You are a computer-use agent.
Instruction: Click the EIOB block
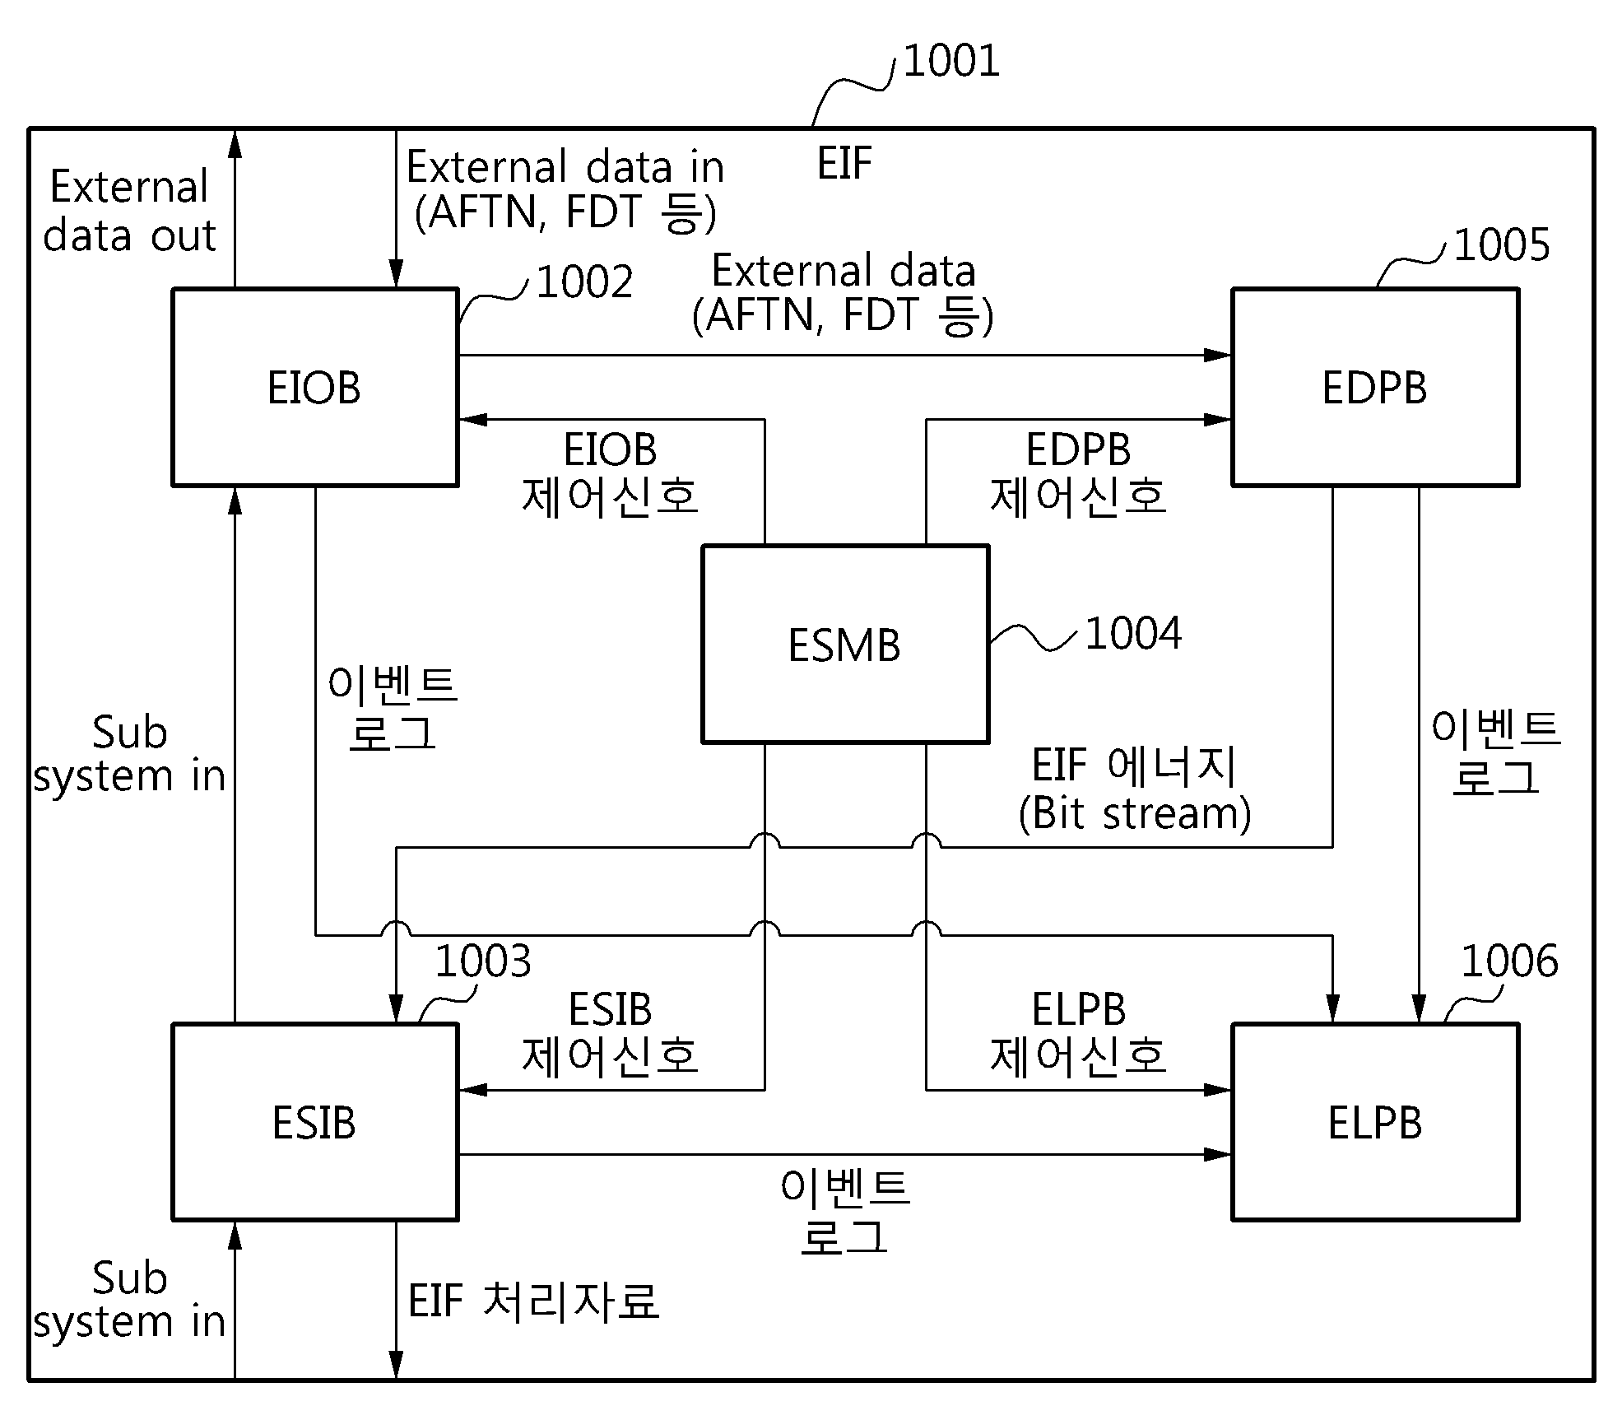(x=314, y=387)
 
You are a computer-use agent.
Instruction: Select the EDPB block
(x=1374, y=387)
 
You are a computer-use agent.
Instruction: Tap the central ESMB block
(x=845, y=644)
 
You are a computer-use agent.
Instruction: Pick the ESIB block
(x=314, y=1121)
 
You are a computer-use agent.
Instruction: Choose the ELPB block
(x=1374, y=1121)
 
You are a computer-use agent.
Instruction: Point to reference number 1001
(x=951, y=61)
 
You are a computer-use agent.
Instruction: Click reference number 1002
(x=584, y=282)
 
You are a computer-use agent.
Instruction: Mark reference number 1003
(x=483, y=961)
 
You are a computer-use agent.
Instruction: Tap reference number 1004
(x=1133, y=634)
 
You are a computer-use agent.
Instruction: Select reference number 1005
(x=1502, y=244)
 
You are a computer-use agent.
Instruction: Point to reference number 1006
(x=1509, y=961)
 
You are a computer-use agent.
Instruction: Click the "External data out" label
(x=129, y=211)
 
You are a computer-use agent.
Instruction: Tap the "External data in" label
(x=565, y=167)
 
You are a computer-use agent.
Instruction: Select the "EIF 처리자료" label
(x=534, y=1301)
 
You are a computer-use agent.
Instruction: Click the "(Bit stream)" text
(x=1135, y=813)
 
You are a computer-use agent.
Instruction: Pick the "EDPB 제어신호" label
(x=1078, y=473)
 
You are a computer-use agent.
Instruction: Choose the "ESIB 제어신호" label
(x=611, y=1032)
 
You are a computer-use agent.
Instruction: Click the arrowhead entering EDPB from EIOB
(x=1218, y=356)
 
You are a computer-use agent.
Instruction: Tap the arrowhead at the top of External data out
(x=235, y=143)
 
